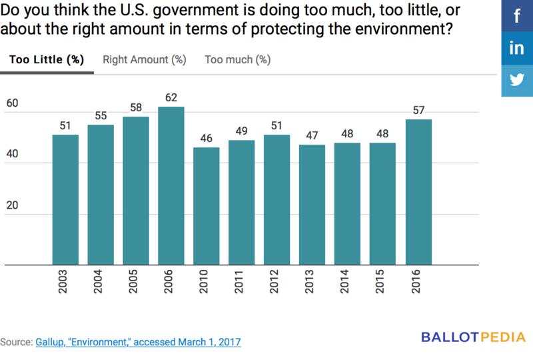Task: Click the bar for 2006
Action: coord(171,186)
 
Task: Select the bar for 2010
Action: coord(207,206)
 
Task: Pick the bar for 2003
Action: coord(65,200)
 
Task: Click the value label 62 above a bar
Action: coord(171,97)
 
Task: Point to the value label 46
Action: coord(207,138)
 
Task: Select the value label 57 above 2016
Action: coord(418,110)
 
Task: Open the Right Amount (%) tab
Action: coord(144,59)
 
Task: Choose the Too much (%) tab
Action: coord(237,59)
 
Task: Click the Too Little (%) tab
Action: coord(46,59)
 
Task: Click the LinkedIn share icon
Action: coord(517,48)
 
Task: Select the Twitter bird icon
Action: coord(517,80)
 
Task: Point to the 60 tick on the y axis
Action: coord(13,103)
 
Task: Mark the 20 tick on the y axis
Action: coord(13,205)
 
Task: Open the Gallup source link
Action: coord(138,342)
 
